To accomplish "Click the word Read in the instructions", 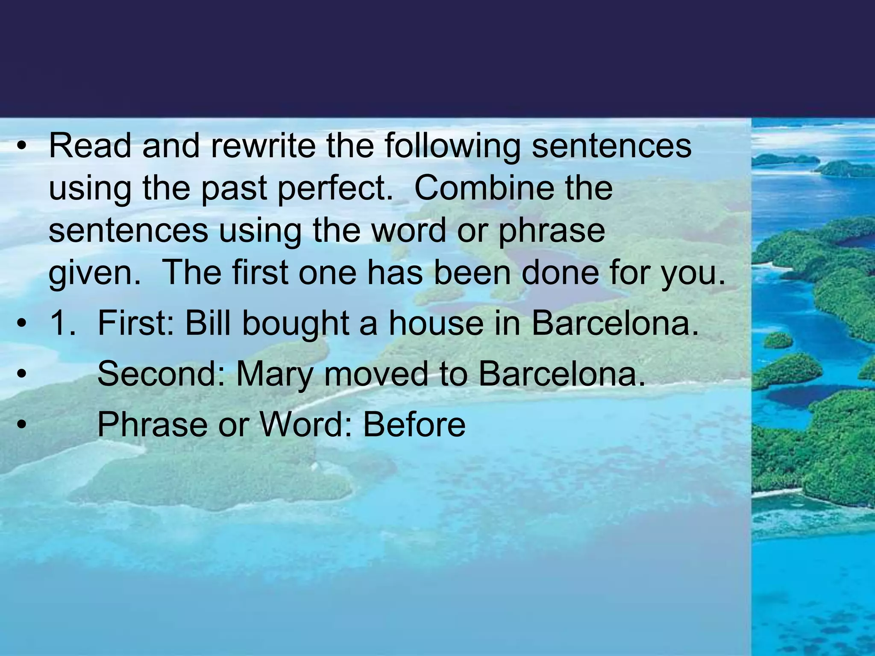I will pyautogui.click(x=90, y=146).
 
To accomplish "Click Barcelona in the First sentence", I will pyautogui.click(x=615, y=323).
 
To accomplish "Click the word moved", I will pyautogui.click(x=376, y=374).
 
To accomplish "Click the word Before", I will pyautogui.click(x=414, y=425).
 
